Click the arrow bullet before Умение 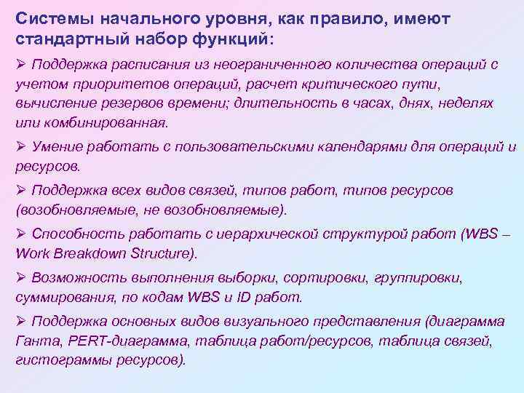(x=20, y=146)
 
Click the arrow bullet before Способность (x=20, y=234)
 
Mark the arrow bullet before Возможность (x=20, y=278)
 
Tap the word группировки (x=418, y=278)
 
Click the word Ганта (x=33, y=341)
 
